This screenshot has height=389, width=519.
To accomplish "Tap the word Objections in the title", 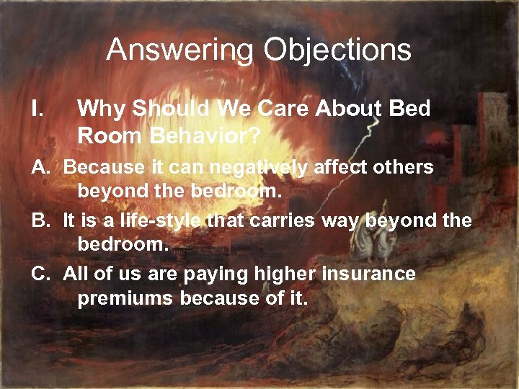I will coord(337,50).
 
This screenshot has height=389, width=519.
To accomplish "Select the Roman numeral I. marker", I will coord(38,109).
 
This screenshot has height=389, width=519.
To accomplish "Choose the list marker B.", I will coord(40,220).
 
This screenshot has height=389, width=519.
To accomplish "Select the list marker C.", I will coord(40,273).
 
